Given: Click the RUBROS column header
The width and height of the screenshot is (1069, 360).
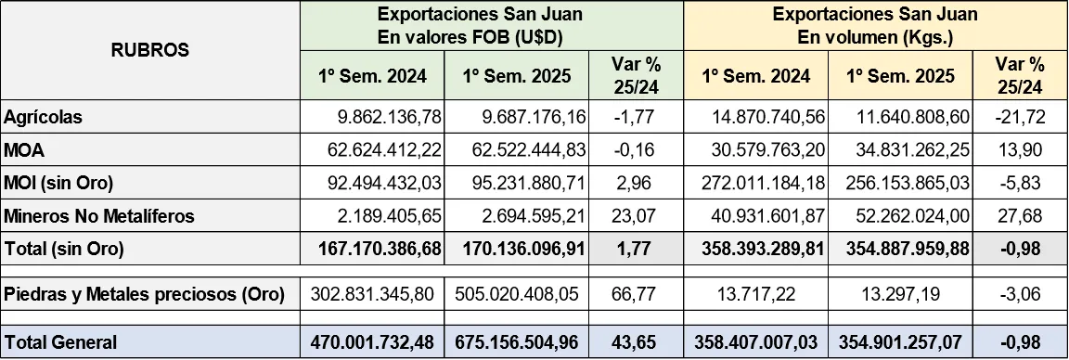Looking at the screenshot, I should click(x=149, y=50).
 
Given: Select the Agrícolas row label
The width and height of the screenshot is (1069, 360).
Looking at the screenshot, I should click(x=43, y=118).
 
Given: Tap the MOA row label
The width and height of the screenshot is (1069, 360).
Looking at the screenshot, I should click(x=24, y=150).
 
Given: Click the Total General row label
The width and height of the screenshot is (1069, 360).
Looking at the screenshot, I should click(x=61, y=342).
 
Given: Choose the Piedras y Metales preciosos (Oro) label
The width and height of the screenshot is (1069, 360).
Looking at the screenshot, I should click(x=144, y=294).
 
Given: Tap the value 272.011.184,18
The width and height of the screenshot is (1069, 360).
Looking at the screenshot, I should click(x=753, y=184).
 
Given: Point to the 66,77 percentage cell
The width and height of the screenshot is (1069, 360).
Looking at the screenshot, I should click(x=637, y=294).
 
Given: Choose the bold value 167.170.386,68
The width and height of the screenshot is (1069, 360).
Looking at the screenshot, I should click(x=378, y=250).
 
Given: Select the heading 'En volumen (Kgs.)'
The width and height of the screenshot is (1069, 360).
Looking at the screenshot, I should click(x=876, y=38).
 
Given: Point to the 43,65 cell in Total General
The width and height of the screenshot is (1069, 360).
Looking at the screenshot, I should click(x=637, y=342).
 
